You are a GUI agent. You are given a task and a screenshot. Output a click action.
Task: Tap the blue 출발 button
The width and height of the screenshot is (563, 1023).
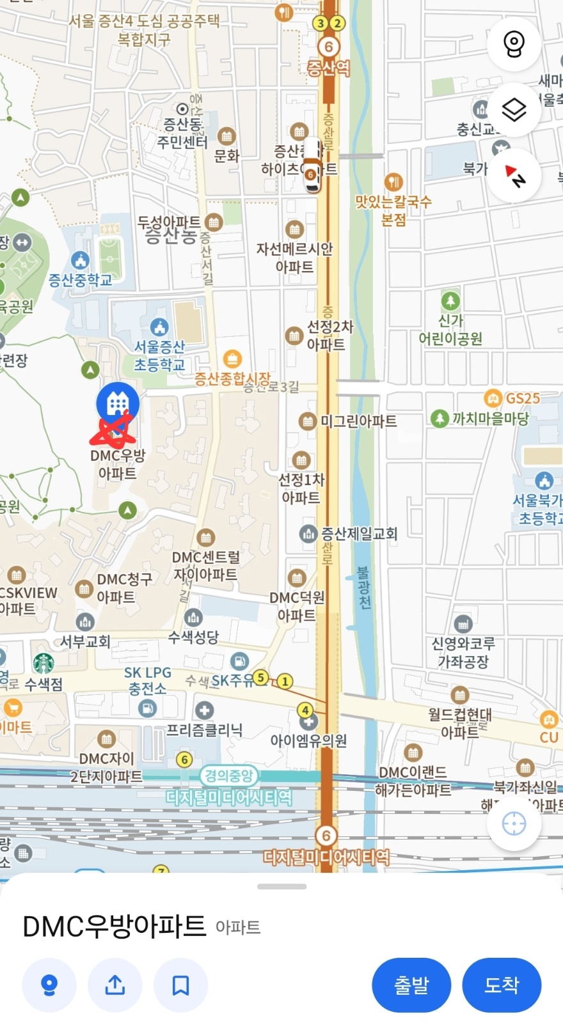[411, 985]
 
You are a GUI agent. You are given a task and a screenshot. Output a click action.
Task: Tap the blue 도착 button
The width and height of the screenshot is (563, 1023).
[502, 985]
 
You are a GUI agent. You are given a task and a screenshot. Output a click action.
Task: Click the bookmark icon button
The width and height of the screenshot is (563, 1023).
[180, 985]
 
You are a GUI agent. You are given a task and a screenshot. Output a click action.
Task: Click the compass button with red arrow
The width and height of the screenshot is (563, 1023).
[514, 176]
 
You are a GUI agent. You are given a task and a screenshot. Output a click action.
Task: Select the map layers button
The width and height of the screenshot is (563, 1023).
[514, 110]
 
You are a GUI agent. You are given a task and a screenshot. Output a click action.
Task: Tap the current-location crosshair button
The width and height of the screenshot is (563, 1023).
[514, 824]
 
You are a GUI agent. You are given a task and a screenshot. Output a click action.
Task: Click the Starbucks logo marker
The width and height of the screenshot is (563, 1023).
[44, 663]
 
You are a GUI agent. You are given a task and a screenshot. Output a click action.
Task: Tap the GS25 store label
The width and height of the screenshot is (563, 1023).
[522, 398]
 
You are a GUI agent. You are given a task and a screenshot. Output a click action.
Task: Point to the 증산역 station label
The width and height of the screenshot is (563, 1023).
[329, 68]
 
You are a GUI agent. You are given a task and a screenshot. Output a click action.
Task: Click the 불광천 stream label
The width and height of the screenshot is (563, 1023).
[363, 587]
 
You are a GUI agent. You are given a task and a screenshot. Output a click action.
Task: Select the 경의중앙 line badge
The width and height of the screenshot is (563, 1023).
[229, 776]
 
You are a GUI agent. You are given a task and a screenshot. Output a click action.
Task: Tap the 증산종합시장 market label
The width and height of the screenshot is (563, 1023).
[232, 379]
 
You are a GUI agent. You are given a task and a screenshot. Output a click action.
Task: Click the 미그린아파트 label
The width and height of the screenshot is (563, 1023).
[358, 421]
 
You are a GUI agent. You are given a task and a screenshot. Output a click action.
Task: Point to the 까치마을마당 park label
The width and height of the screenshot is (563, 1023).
[490, 419]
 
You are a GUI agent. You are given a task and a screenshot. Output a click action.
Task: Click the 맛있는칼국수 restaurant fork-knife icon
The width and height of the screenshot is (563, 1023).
[393, 182]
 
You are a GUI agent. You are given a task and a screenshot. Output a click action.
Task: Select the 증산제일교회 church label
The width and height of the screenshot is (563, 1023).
[359, 533]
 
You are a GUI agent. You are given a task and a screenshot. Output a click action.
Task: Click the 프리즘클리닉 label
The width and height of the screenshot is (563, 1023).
[204, 730]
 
